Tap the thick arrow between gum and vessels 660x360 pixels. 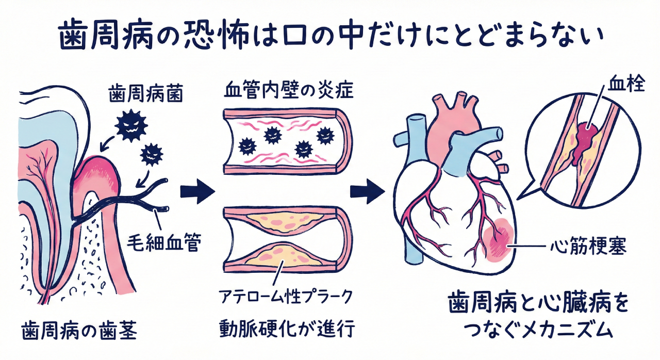[x=196, y=192]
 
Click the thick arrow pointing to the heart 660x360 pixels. [x=367, y=192]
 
